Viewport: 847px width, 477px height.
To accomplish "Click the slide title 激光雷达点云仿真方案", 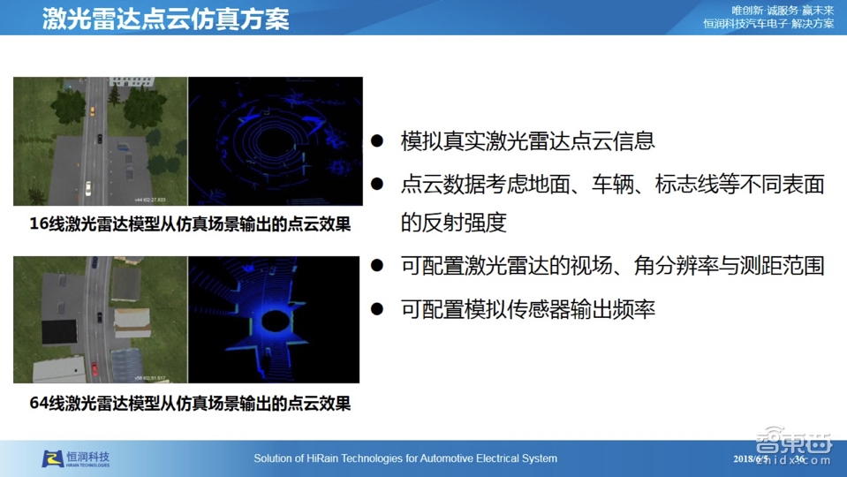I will tap(165, 19).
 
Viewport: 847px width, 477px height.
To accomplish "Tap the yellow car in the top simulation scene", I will tap(91, 110).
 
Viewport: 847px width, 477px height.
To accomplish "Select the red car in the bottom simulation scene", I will tap(94, 368).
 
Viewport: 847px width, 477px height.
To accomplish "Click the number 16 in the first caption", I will tap(39, 224).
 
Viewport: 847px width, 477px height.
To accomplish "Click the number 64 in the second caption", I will tap(39, 404).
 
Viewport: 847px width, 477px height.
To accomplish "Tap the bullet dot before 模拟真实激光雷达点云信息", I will tap(377, 140).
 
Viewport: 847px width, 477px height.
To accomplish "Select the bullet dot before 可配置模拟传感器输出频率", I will tap(377, 309).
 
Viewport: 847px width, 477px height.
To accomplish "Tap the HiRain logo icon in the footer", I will tap(53, 458).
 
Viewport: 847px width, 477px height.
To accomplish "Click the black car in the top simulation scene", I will tap(99, 139).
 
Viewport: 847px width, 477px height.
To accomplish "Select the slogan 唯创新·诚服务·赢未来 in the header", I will tap(783, 10).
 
